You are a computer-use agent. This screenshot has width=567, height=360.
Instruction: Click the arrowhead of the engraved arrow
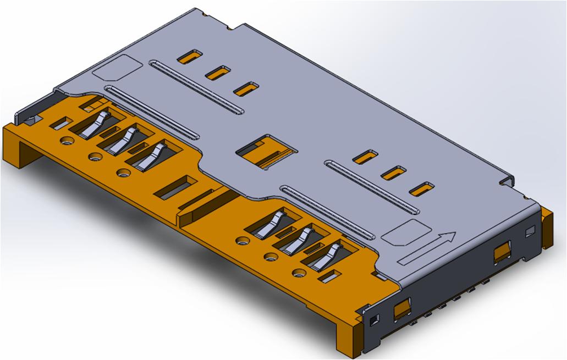[x=449, y=237]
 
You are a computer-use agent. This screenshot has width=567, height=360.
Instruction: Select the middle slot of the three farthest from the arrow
[x=218, y=72]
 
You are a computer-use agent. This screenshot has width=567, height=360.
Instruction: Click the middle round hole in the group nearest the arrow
[x=270, y=256]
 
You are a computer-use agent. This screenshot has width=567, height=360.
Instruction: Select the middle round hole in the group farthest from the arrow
[x=93, y=157]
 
